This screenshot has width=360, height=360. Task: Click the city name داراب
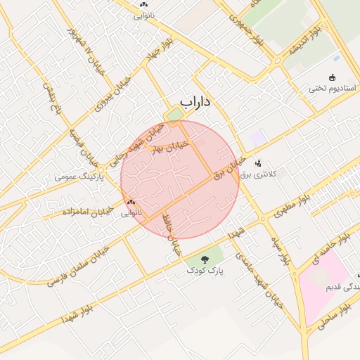[x=195, y=103]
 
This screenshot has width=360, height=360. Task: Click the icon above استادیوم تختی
[x=333, y=77]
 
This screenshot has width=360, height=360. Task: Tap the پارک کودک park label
[x=205, y=271]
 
